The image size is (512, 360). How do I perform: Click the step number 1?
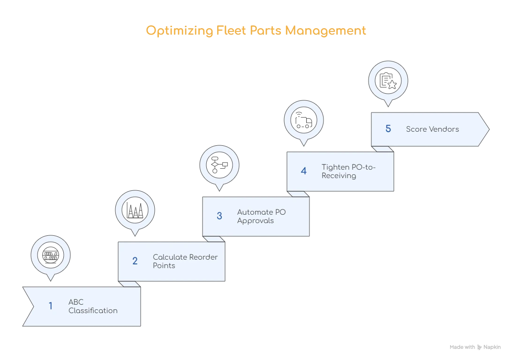(x=51, y=306)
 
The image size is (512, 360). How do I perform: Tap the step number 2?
(x=135, y=261)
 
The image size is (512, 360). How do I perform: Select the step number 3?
(x=219, y=216)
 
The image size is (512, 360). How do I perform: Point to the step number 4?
(x=304, y=171)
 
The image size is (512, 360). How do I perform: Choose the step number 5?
(x=388, y=129)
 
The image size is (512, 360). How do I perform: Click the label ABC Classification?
(x=93, y=306)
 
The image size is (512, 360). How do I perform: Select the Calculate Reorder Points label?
(x=185, y=261)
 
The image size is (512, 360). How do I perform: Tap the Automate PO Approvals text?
(x=261, y=216)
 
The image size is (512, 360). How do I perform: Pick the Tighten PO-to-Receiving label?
(x=348, y=171)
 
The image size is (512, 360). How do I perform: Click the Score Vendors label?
(x=432, y=129)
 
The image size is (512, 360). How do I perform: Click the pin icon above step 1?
(x=51, y=255)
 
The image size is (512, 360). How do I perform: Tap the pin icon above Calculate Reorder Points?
(x=135, y=210)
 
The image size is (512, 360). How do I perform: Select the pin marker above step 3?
(x=219, y=165)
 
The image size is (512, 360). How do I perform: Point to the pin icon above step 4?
(x=304, y=120)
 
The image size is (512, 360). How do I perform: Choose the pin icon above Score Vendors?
(x=388, y=81)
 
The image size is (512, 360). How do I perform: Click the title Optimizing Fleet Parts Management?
(x=256, y=31)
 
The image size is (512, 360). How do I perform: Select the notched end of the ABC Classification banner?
(x=29, y=306)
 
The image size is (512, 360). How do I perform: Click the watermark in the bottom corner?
(x=475, y=348)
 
